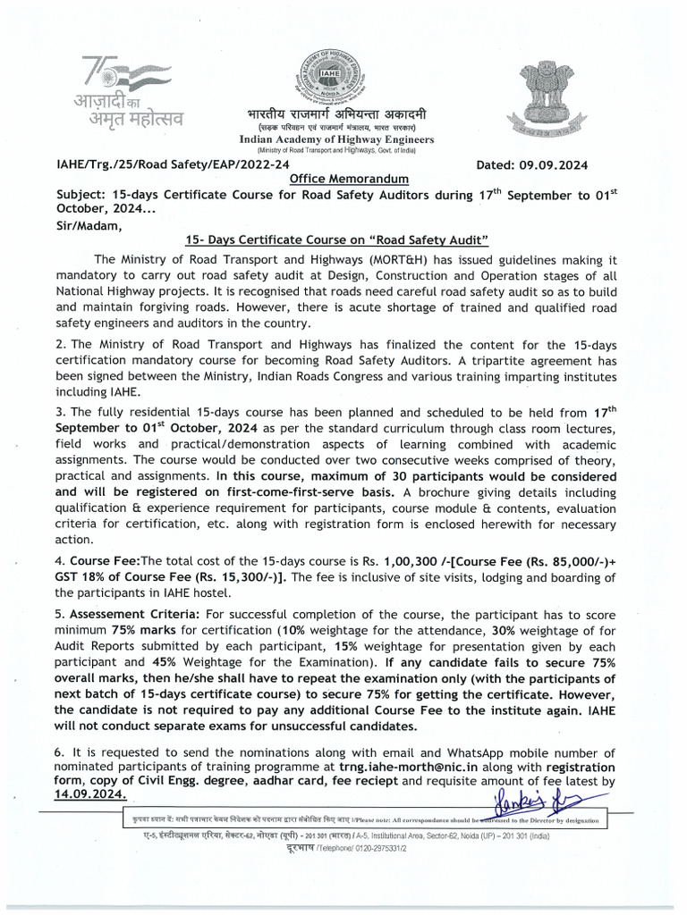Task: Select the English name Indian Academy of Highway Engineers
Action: tap(336, 139)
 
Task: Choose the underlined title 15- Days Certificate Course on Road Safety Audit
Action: tap(336, 240)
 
